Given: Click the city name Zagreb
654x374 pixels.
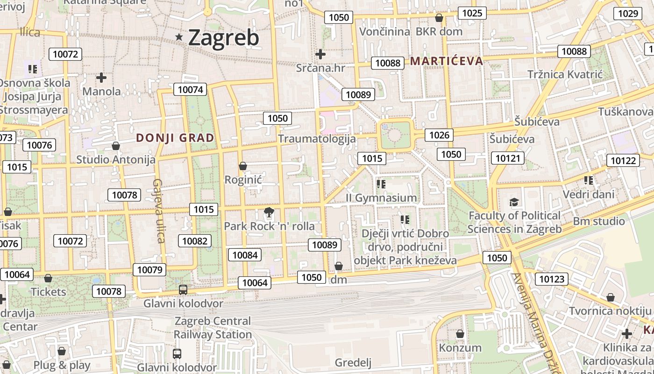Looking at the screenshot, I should pos(223,37).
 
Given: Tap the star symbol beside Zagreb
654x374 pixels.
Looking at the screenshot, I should pos(179,37).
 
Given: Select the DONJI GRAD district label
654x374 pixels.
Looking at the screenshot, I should pos(175,138).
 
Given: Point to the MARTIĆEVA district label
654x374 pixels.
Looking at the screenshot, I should pos(447,61).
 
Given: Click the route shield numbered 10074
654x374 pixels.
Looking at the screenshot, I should pos(190,89).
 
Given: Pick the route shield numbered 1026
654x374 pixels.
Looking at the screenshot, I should pos(439,136).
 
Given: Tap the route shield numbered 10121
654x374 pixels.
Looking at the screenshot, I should pos(508,158).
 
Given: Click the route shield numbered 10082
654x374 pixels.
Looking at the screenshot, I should pos(195,241).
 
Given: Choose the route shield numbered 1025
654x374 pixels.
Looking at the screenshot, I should pos(472,13).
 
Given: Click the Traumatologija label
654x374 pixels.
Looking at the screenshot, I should pos(317,139).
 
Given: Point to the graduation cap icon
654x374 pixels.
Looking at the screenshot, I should pos(514,202).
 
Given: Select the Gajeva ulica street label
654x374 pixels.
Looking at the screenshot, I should pos(158,211).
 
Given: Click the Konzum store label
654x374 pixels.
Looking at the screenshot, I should pos(460,348).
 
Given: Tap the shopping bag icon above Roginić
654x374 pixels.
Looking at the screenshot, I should pos(242,166).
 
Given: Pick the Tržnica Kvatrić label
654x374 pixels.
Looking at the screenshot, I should pos(565,74).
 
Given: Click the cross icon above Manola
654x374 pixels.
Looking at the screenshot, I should pos(101,78).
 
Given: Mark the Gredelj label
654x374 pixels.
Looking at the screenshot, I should pos(353,363).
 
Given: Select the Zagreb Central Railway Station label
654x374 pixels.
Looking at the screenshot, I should pos(213,328).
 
